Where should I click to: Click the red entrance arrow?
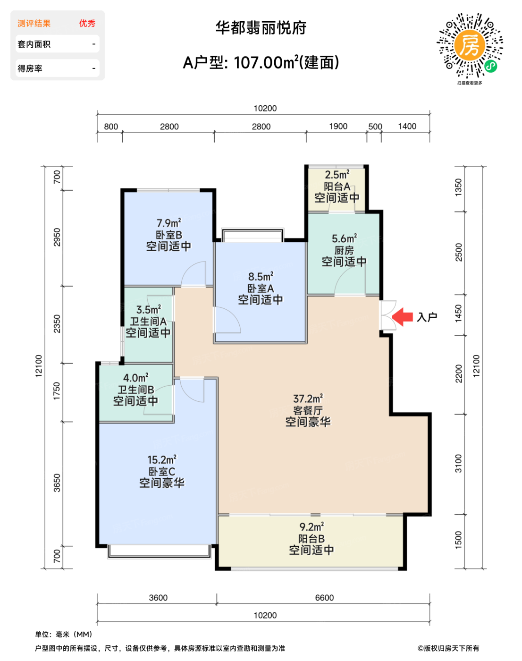(x=403, y=317)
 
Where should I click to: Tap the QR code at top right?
(x=470, y=46)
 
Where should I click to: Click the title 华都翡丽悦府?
(x=261, y=28)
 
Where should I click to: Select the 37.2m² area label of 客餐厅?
(x=308, y=398)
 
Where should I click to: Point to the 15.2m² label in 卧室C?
(x=162, y=460)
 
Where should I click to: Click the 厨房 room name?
(x=344, y=250)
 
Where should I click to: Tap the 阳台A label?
(x=337, y=186)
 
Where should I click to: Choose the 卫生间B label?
(x=136, y=390)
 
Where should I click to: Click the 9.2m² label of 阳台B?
(x=312, y=527)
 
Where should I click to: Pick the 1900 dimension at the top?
(x=338, y=126)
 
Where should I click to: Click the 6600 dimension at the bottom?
(x=324, y=598)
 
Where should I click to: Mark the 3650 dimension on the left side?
(x=57, y=483)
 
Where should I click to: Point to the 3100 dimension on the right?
(x=458, y=464)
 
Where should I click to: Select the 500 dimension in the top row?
(x=375, y=127)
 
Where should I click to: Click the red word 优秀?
(x=87, y=23)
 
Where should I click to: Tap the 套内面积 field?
(x=58, y=44)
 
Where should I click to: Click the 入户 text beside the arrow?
(x=427, y=317)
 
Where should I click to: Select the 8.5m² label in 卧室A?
(x=261, y=277)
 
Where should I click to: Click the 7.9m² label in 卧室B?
(x=168, y=223)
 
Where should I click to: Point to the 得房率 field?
(x=58, y=68)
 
